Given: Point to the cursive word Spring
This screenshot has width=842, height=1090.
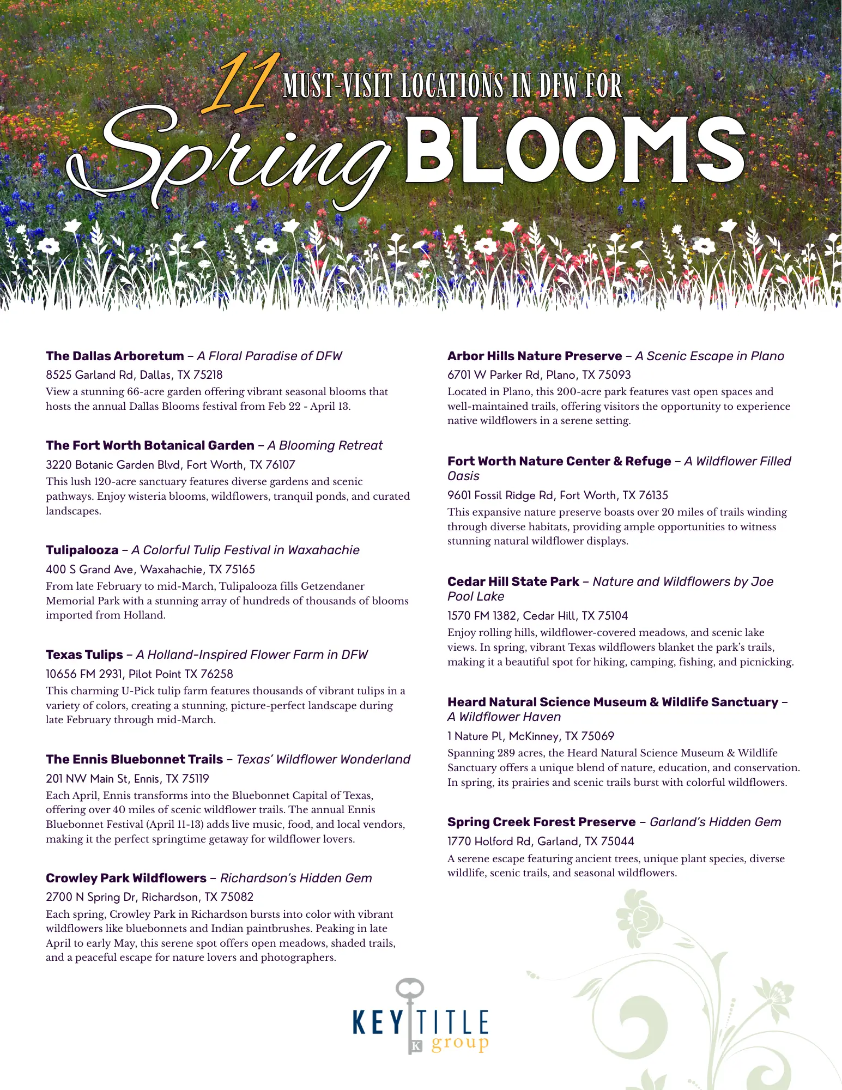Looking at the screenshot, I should click(229, 158).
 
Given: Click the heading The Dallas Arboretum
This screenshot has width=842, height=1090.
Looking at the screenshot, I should click(115, 356).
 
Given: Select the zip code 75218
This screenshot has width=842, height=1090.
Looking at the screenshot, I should click(208, 375).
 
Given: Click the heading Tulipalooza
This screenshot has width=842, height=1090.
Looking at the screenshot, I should click(82, 550).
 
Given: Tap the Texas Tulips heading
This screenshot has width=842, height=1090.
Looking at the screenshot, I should click(84, 655).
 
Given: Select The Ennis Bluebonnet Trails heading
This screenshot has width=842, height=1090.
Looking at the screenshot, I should click(135, 759).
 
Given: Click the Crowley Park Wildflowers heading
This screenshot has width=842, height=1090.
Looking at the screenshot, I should click(126, 878).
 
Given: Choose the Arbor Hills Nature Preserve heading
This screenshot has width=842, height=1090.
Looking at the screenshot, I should click(535, 356).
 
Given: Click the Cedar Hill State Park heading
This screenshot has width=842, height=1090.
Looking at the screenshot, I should click(513, 582).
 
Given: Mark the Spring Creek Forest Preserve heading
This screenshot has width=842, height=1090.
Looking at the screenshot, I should click(542, 822).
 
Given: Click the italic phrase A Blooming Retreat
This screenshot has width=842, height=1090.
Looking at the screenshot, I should click(325, 445).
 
